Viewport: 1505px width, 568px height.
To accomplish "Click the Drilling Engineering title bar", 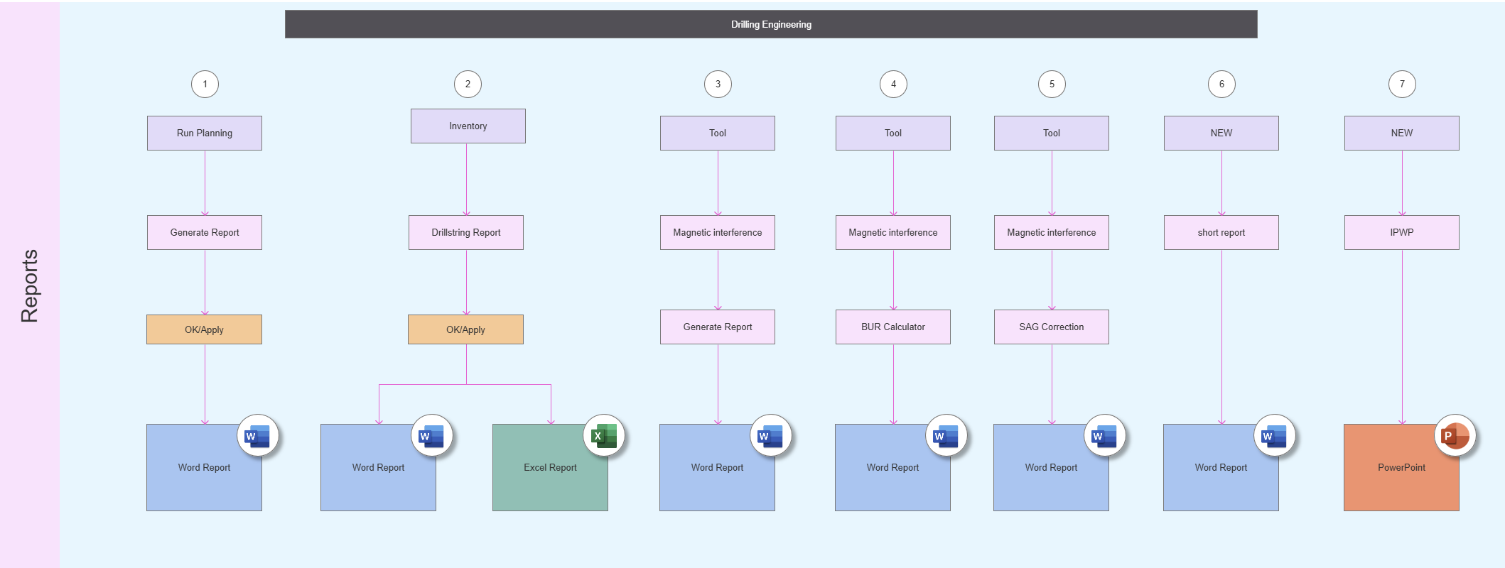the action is click(x=771, y=24).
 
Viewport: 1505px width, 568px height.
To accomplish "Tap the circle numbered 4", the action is click(x=893, y=84).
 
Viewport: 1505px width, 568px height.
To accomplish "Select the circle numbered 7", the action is click(x=1402, y=84).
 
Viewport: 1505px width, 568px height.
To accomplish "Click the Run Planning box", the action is click(x=205, y=133).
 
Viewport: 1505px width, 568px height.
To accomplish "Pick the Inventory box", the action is click(x=468, y=126).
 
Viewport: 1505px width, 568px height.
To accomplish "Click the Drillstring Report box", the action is click(x=466, y=232).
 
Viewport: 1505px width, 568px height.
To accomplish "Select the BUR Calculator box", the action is click(x=893, y=327).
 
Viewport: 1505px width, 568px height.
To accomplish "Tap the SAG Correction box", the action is click(x=1052, y=327).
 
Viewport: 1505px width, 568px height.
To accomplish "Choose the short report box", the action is click(x=1221, y=232).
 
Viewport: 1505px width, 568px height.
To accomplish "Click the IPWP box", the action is click(x=1402, y=232).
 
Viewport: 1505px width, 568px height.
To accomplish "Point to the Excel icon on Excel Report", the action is click(x=604, y=435).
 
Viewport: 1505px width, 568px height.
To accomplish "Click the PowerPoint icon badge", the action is click(x=1455, y=435).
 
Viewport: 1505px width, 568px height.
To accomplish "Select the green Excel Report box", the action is click(x=550, y=467).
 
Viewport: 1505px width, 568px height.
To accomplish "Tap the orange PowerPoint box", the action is click(x=1401, y=467).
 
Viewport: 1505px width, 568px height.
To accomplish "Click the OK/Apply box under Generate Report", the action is click(x=204, y=329).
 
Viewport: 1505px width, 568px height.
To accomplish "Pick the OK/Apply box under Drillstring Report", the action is click(x=465, y=329).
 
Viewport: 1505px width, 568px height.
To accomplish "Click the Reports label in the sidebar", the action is click(x=29, y=286).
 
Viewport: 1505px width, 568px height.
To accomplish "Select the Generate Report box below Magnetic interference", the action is click(x=718, y=327).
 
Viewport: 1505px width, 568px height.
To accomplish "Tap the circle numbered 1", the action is click(x=205, y=84).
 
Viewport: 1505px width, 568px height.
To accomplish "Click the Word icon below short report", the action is click(x=1274, y=435).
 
